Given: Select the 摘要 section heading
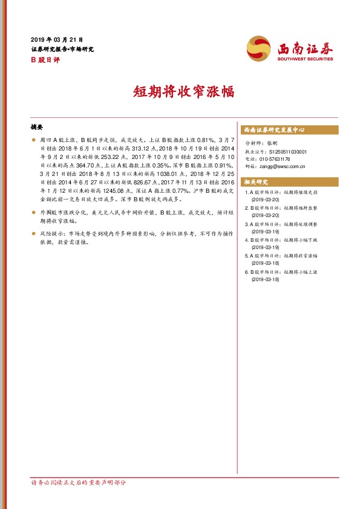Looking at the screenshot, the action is click(x=36, y=128).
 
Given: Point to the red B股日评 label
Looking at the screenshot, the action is click(x=44, y=60).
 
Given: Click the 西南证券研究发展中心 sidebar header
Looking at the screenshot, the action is click(x=273, y=130).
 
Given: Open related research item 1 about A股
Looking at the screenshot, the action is click(x=283, y=195).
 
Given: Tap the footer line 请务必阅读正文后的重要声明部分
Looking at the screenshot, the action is click(x=79, y=482).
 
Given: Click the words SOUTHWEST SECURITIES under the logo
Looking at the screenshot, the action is click(x=306, y=59).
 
